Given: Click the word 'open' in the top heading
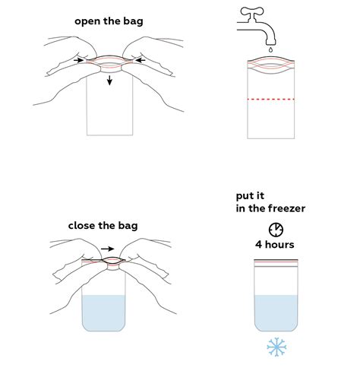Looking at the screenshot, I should pyautogui.click(x=87, y=21).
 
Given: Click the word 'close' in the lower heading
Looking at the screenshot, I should pyautogui.click(x=85, y=225).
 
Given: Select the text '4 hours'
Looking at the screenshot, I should pyautogui.click(x=275, y=244).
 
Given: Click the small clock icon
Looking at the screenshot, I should pyautogui.click(x=275, y=228).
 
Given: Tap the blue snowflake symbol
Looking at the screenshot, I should pyautogui.click(x=275, y=348).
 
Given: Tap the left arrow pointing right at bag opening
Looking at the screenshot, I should pyautogui.click(x=80, y=59).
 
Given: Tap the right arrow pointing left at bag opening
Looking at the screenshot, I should pyautogui.click(x=139, y=59).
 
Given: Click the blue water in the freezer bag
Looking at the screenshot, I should pyautogui.click(x=275, y=312).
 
